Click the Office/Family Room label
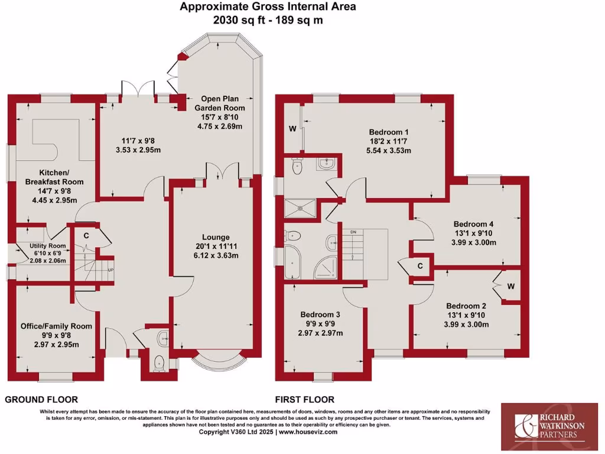coord(57,326)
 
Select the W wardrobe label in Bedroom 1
coord(292,129)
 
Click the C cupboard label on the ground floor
coord(86,236)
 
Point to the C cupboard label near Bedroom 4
coord(420,267)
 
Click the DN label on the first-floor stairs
coord(354,231)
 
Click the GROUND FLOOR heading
coord(41,400)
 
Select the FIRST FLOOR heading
coord(305,400)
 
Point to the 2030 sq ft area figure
coord(235,20)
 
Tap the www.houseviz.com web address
coord(308,432)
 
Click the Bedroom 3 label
coord(320,314)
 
